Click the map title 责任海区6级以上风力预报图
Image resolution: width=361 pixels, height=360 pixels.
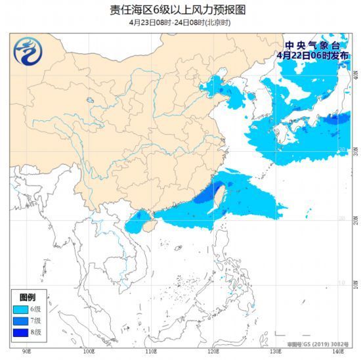point(180,9)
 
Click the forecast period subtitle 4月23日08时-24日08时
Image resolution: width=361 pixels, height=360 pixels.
point(180,22)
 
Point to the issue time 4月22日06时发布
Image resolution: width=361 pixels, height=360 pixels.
point(313,56)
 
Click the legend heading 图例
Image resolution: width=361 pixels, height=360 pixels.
point(28,297)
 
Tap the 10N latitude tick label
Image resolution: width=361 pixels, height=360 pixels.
point(354,283)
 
